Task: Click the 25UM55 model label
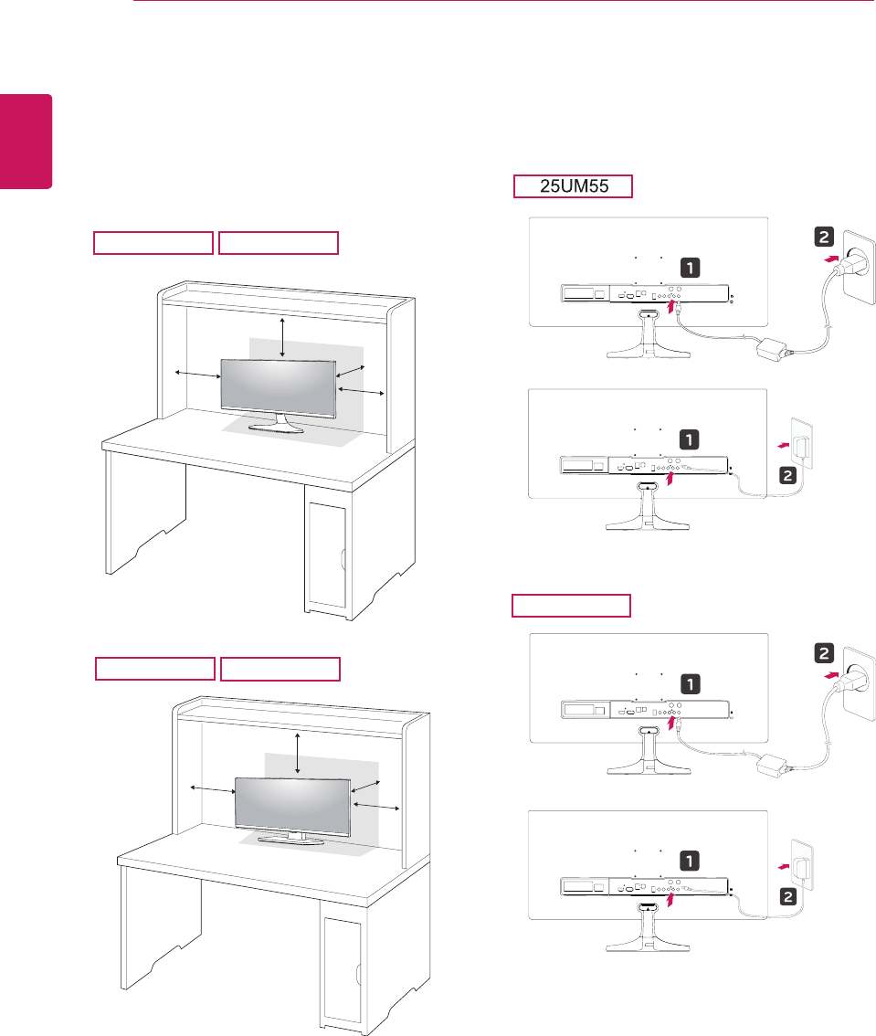click(572, 186)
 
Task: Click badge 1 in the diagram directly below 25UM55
click(691, 267)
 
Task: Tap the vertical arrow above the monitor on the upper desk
click(282, 337)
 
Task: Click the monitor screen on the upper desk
click(277, 386)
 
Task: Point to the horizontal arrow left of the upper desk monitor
click(196, 375)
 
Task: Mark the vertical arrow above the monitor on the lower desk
click(300, 755)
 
